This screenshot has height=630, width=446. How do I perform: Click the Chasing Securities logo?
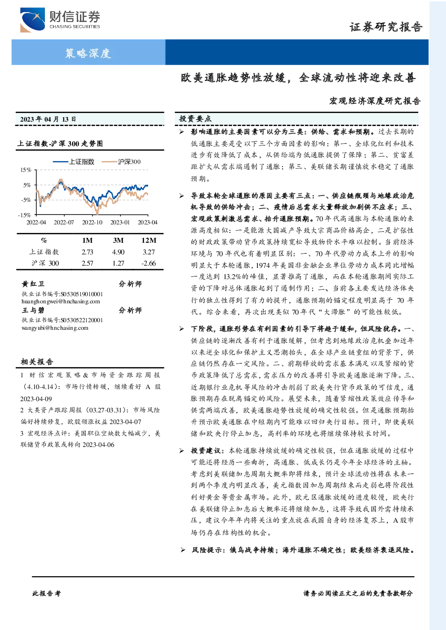[x=60, y=20]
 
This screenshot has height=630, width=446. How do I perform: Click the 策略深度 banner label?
[x=88, y=53]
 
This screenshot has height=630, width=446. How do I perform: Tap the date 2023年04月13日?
[x=48, y=119]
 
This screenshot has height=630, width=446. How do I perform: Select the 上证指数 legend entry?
[x=74, y=162]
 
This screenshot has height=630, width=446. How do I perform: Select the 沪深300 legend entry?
[x=121, y=162]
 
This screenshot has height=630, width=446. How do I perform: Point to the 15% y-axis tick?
[x=26, y=170]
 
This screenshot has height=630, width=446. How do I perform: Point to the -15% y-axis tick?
[x=25, y=215]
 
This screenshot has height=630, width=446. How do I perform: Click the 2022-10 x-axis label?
[x=92, y=222]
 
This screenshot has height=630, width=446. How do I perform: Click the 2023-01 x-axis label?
[x=120, y=222]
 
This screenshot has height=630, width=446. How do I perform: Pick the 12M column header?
[x=149, y=241]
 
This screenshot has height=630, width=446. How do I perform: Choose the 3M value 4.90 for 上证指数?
[x=118, y=252]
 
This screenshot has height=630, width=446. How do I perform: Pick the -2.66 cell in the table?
[x=148, y=263]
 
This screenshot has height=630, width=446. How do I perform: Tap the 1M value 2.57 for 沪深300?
[x=87, y=263]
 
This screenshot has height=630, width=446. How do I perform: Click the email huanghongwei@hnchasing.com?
[x=61, y=302]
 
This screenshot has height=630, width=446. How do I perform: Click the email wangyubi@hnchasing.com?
[x=55, y=328]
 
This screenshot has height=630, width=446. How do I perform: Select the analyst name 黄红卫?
[x=33, y=284]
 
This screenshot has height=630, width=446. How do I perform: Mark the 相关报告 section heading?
[x=37, y=362]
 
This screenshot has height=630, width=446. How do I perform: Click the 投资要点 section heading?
[x=195, y=119]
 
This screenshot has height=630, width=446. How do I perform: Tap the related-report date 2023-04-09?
[x=36, y=399]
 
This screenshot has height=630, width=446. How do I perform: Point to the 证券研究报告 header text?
[x=386, y=27]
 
